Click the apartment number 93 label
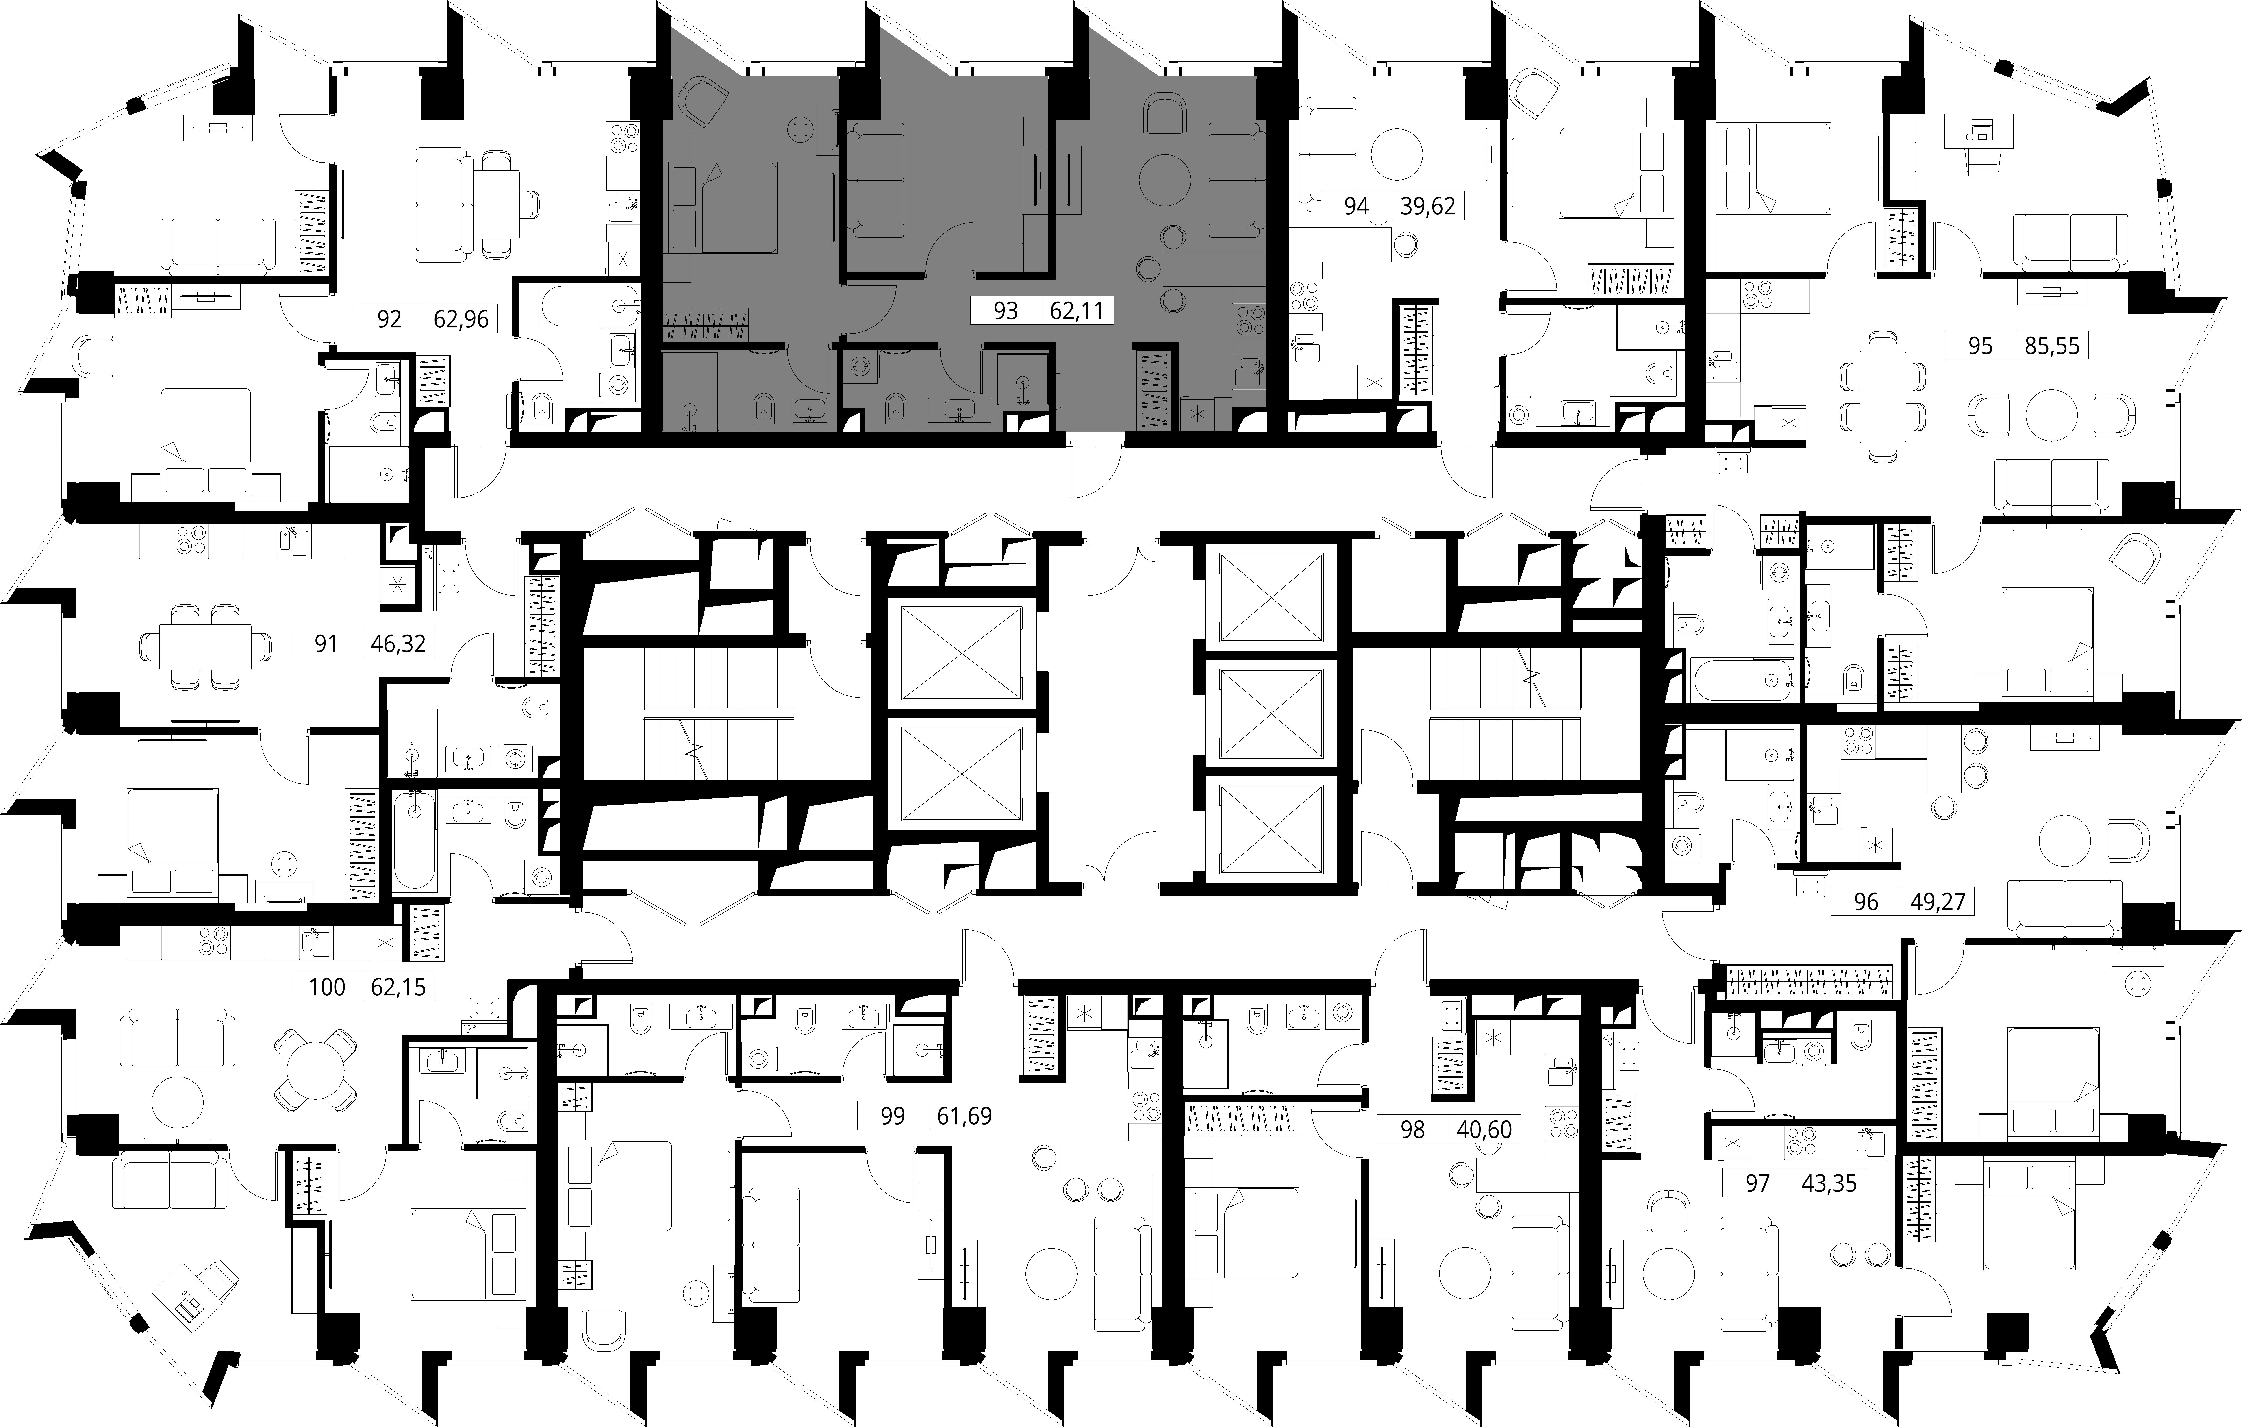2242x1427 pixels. pos(1006,310)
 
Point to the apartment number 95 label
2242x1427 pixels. pos(1980,346)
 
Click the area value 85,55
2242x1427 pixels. pos(2052,346)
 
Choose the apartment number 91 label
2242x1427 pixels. pos(326,643)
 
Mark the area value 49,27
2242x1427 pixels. pos(1938,902)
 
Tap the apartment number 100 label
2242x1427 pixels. pos(327,986)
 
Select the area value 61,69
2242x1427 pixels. pos(965,1115)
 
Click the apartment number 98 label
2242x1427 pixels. pos(1412,1130)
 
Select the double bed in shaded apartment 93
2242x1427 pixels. pos(723,207)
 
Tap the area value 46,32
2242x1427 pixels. pos(398,643)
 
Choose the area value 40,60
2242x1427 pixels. pos(1484,1130)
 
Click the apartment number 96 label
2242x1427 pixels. pos(1866,902)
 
